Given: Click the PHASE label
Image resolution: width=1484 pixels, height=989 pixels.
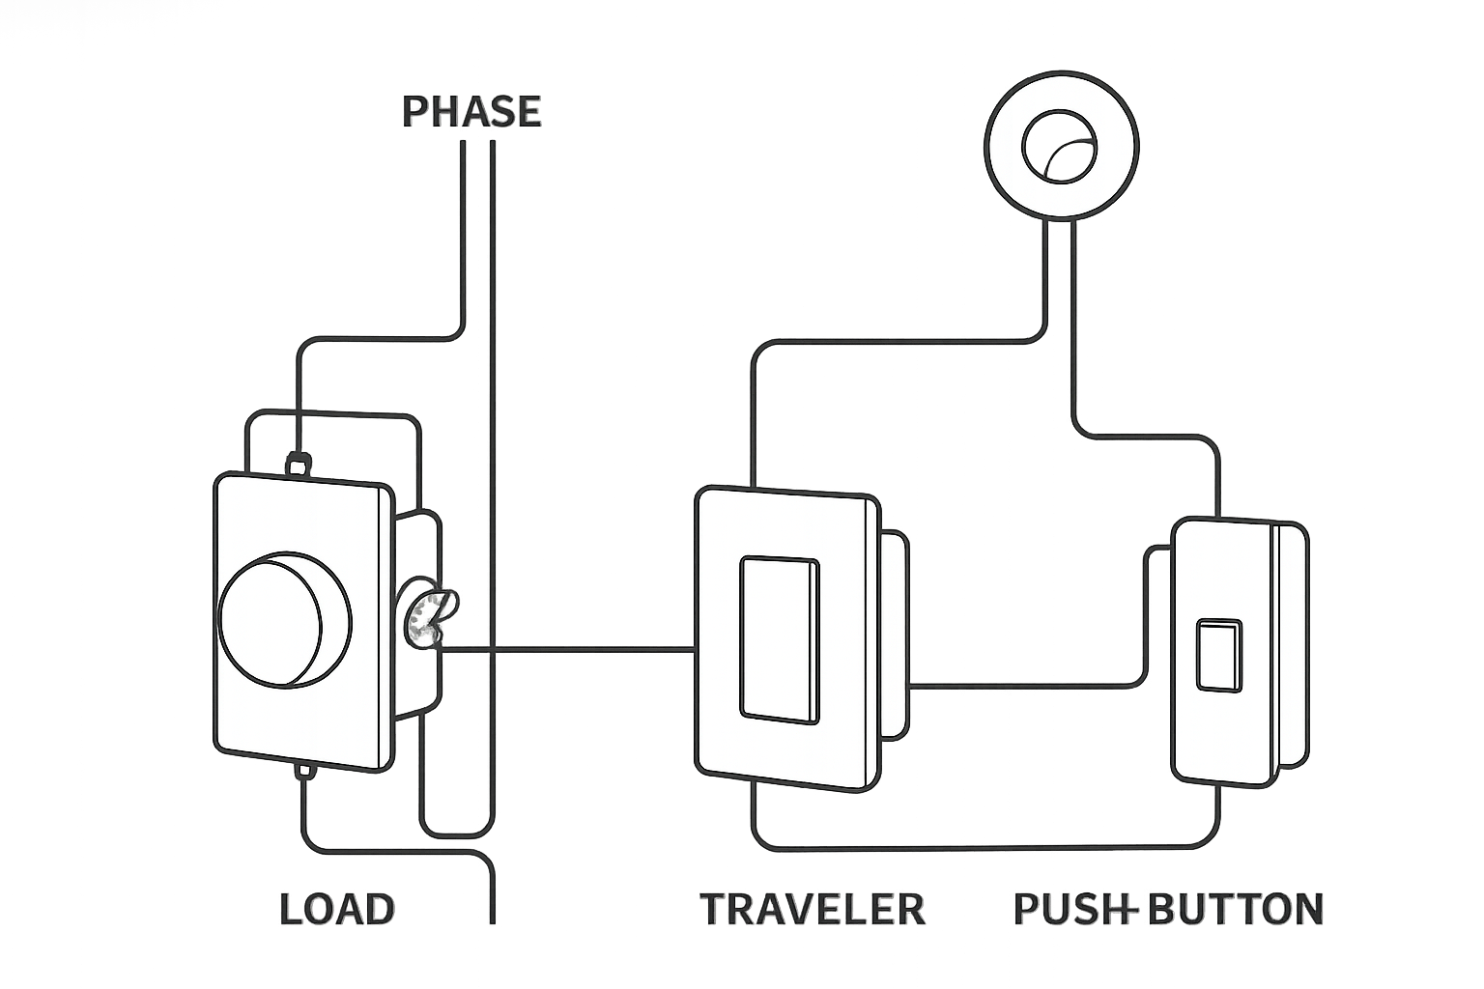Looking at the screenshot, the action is [471, 111].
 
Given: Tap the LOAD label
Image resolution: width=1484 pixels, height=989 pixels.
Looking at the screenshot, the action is [337, 909].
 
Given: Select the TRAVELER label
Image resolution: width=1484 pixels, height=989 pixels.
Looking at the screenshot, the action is [813, 909].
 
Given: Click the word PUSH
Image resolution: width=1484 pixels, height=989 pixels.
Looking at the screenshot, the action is [1074, 909].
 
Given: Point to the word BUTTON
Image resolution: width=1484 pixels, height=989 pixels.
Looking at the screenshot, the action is [1236, 909].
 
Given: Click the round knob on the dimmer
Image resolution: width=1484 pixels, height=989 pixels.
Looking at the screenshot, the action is [285, 619].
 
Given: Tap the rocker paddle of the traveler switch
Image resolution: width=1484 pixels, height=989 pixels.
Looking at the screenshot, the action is [780, 640].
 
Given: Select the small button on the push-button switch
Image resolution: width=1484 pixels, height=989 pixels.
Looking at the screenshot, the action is [1219, 655].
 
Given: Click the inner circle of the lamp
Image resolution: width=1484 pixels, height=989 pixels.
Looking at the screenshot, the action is [1059, 147].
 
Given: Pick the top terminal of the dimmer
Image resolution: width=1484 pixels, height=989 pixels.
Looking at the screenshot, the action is [299, 464].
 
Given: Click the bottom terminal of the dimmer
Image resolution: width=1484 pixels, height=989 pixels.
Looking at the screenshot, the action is [305, 770].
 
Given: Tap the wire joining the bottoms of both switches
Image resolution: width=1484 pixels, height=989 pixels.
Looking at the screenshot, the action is [985, 847].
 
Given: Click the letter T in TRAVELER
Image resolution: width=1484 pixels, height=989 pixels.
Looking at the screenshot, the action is [714, 909].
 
